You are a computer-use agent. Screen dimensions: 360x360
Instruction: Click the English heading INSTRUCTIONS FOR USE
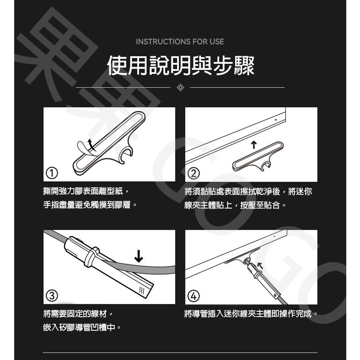[x=180, y=42]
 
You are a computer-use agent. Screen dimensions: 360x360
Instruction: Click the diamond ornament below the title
[x=180, y=88]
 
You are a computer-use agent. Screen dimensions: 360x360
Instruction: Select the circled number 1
[x=53, y=173]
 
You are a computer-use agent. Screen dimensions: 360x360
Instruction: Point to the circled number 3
[x=53, y=295]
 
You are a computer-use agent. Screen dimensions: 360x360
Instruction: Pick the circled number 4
[x=194, y=295]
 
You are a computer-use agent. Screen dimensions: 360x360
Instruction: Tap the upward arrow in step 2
[x=253, y=145]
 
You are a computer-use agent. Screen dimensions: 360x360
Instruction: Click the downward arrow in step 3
[x=139, y=256]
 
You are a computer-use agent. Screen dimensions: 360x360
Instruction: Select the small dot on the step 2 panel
[x=275, y=119]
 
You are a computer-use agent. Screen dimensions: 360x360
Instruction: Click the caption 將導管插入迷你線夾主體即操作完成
[x=251, y=314]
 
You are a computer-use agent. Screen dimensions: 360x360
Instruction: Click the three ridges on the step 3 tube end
[x=142, y=290]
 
